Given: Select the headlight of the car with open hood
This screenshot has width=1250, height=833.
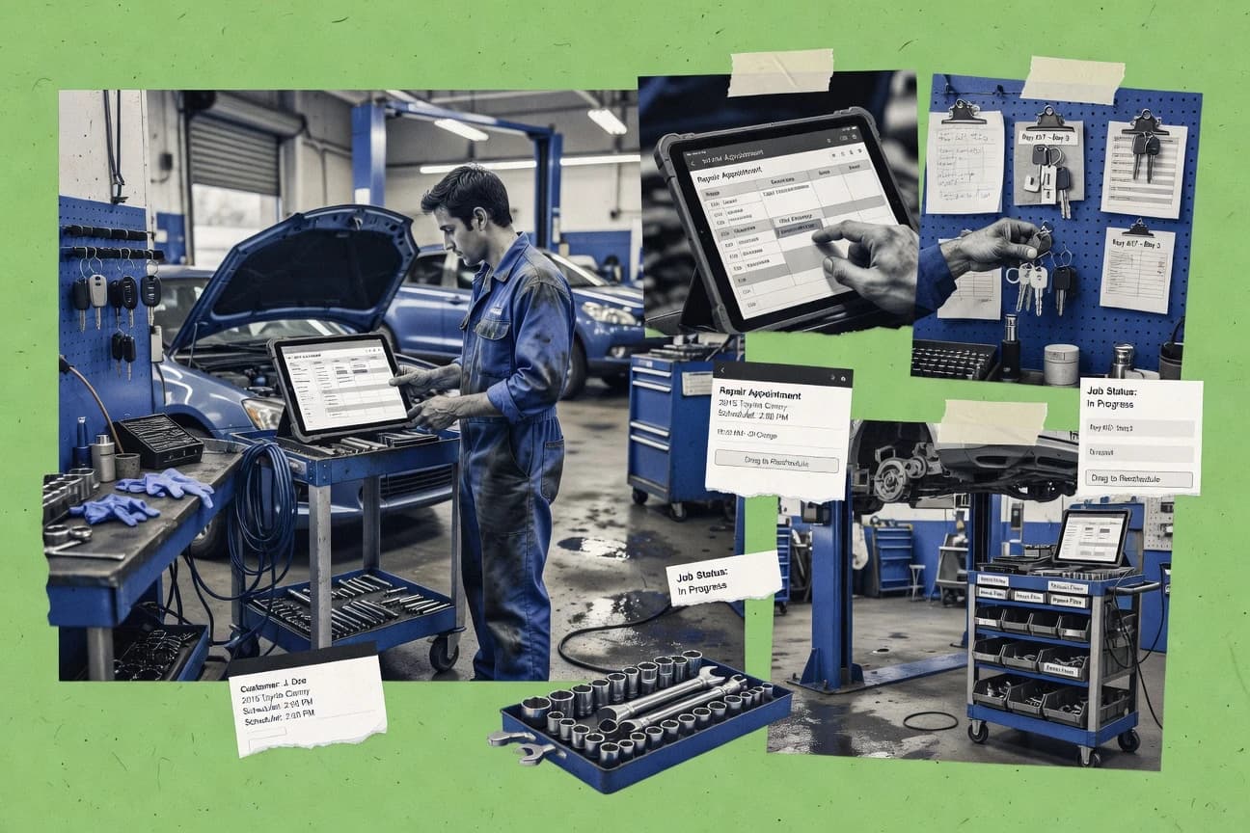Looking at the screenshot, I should [x=261, y=412].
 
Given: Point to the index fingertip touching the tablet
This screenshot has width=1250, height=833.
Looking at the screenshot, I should [x=818, y=235].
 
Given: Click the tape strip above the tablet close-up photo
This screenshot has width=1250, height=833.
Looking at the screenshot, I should [x=780, y=72].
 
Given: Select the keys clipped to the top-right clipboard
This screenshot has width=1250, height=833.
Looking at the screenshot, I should [x=1146, y=152].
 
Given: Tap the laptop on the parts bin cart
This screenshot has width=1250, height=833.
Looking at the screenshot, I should [x=1091, y=536].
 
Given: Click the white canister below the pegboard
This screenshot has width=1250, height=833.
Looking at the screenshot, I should [x=1061, y=363].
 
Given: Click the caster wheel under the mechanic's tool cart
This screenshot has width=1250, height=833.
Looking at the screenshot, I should [x=444, y=653].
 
